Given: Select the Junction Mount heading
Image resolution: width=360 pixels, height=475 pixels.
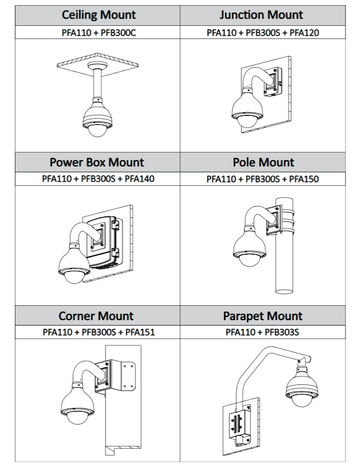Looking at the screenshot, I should [x=262, y=15].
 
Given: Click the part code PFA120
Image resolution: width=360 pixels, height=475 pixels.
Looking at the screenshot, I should [x=305, y=33].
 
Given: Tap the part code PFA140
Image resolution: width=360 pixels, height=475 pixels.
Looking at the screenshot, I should [x=140, y=179].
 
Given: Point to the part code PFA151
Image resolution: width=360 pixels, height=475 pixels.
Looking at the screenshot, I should [x=140, y=332].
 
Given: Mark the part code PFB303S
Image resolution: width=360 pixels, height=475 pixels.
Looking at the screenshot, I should [x=280, y=332].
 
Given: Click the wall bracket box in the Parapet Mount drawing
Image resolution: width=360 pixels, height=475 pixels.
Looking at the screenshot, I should [x=241, y=427].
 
